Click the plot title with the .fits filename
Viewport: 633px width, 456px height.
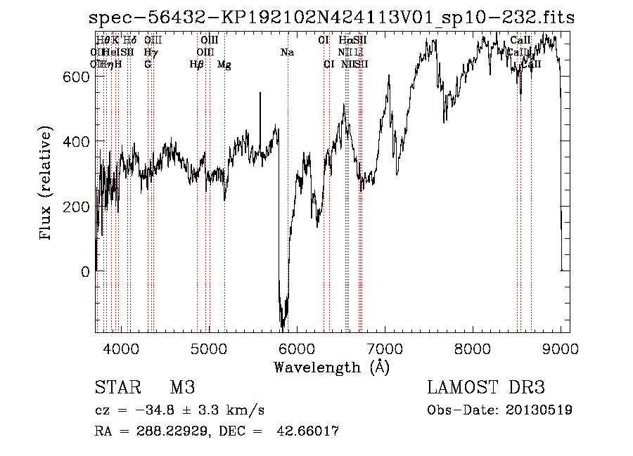[x=332, y=18]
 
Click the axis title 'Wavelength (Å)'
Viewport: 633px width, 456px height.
[x=331, y=367]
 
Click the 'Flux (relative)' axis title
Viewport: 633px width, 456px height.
[x=47, y=184]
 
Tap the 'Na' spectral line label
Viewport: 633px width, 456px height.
[x=287, y=52]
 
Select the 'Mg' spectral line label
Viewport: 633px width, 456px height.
[x=224, y=65]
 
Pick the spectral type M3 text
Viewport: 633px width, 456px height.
[x=182, y=388]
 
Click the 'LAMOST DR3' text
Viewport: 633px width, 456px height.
[x=486, y=388]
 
